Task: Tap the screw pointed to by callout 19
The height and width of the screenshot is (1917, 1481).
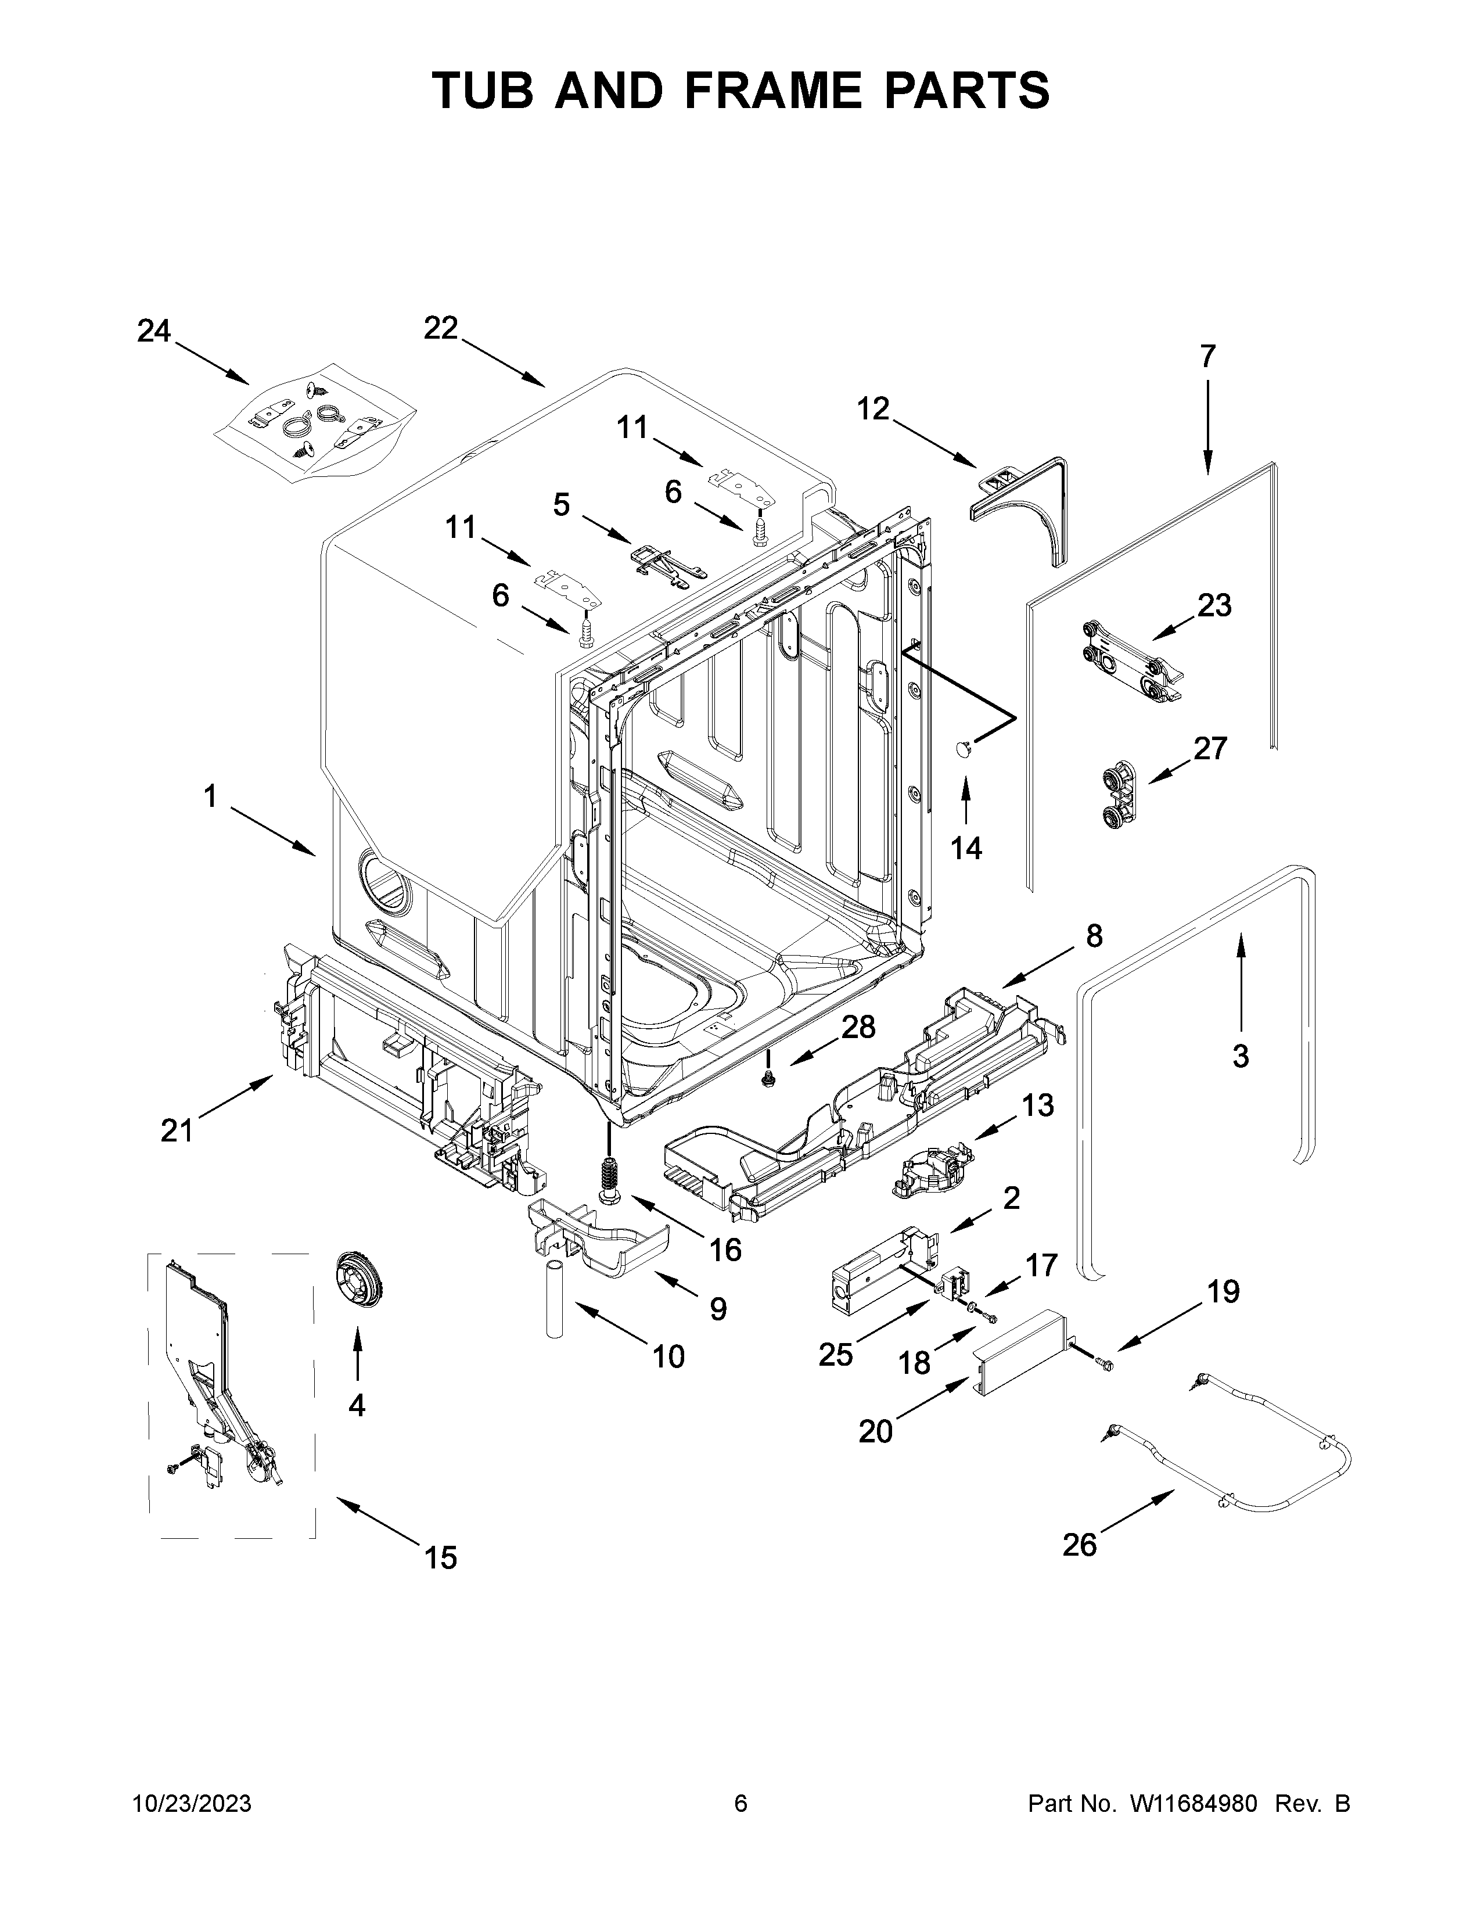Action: tap(1105, 1362)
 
